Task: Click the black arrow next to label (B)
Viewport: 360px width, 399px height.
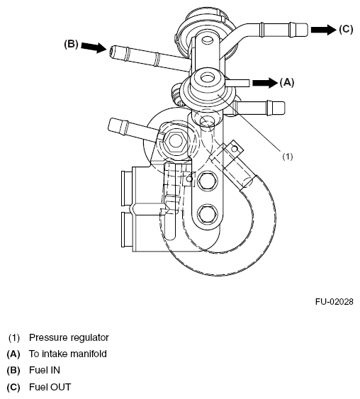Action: coord(94,47)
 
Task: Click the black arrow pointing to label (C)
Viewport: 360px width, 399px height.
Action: coord(323,30)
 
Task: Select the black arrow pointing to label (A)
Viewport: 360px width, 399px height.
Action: coord(265,83)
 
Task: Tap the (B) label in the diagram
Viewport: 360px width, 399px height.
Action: coord(71,44)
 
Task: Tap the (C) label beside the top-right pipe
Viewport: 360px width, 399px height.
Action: coord(346,29)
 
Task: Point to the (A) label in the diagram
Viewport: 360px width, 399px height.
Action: coord(287,82)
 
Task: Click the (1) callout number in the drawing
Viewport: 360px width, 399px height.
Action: coord(288,156)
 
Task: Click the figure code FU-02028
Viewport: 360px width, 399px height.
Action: coord(334,302)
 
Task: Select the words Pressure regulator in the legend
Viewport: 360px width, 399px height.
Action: coord(69,337)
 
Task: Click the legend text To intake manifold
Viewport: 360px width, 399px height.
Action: coord(67,354)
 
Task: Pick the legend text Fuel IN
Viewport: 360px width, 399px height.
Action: coord(45,370)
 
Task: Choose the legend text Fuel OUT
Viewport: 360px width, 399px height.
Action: coord(50,387)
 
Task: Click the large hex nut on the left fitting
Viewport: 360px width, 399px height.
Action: coord(175,141)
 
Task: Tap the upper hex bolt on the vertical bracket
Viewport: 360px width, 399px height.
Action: coord(208,181)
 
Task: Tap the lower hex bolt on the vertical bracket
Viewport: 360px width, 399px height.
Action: coord(208,214)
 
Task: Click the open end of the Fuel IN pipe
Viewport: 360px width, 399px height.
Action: coord(112,52)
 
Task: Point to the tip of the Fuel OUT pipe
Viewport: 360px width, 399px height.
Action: coord(306,30)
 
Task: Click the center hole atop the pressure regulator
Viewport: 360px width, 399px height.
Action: coord(208,78)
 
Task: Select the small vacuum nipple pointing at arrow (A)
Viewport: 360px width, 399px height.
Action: coord(237,83)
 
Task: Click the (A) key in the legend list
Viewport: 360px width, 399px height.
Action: coord(13,354)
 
